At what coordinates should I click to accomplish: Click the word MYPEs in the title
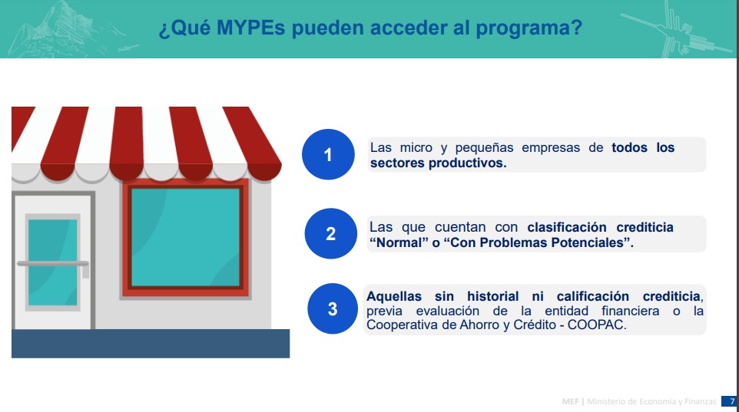(x=250, y=28)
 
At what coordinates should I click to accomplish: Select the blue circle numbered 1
(x=328, y=154)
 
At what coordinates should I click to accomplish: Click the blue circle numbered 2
(x=331, y=233)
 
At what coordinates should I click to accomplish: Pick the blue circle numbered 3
(x=333, y=309)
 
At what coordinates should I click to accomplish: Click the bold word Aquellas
(x=394, y=296)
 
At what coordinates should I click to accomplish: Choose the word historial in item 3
(x=492, y=296)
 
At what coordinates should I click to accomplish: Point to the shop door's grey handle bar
(x=53, y=264)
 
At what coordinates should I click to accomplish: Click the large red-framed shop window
(x=186, y=238)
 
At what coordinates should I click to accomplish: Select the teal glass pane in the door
(x=52, y=262)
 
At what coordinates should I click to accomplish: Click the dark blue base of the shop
(x=151, y=343)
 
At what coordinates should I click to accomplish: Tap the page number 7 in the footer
(x=732, y=401)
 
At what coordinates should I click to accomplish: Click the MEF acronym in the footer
(x=570, y=401)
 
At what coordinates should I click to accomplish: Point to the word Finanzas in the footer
(x=701, y=401)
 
